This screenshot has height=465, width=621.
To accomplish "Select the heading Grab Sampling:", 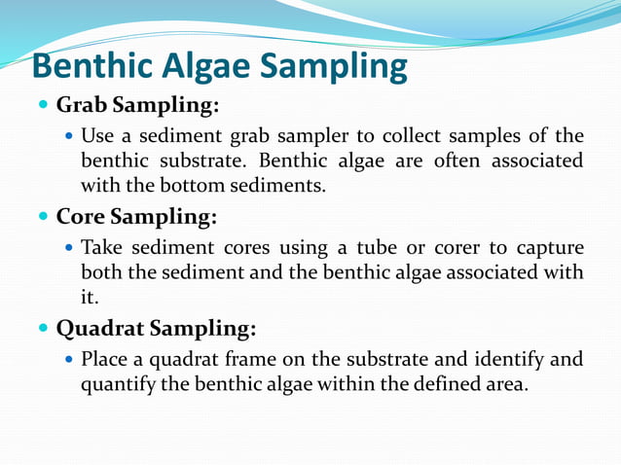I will point(137,104).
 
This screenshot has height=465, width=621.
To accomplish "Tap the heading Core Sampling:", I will point(136,215).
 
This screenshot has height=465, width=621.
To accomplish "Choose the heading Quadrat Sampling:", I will point(156,328).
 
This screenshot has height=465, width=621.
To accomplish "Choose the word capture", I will point(548,247).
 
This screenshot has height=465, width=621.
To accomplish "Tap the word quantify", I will point(117,384).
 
